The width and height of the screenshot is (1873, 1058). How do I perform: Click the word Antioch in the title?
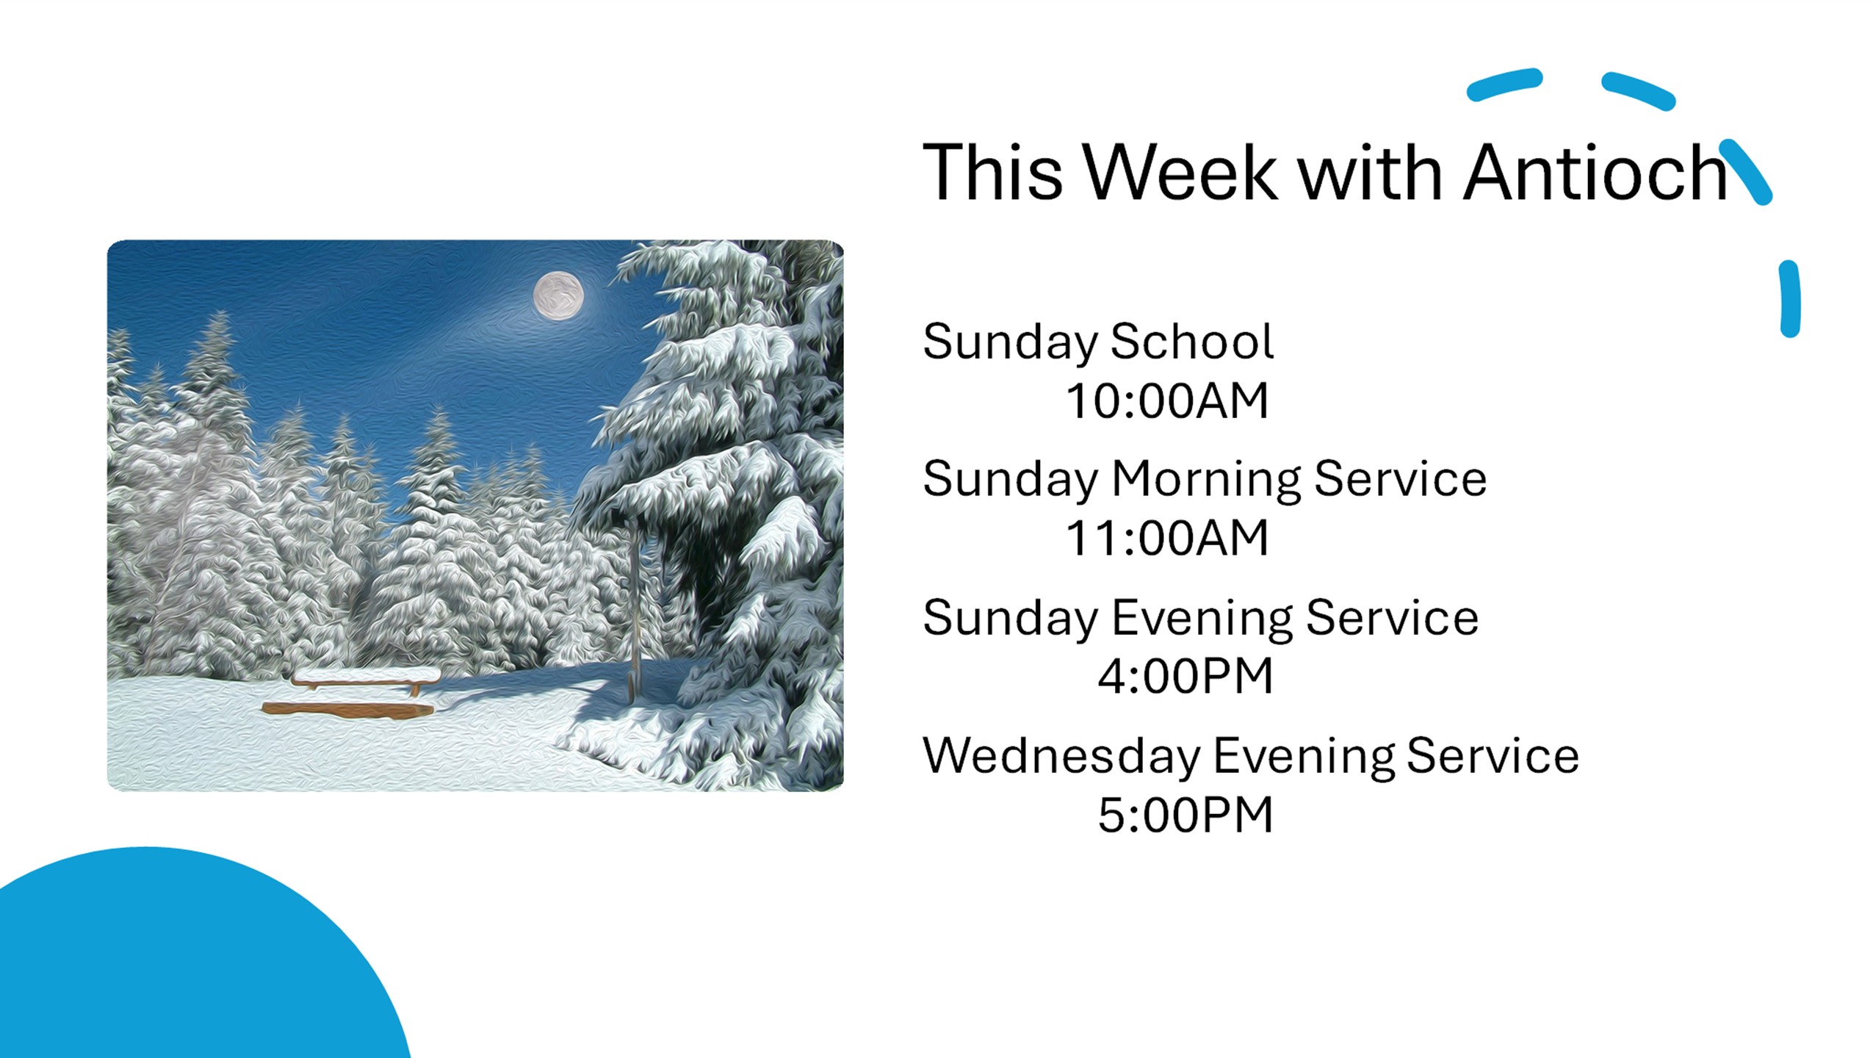pos(1595,172)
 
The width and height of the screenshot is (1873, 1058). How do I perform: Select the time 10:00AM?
pos(1167,401)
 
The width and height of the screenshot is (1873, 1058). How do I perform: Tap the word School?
pos(1192,342)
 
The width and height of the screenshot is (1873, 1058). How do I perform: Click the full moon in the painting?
pos(558,296)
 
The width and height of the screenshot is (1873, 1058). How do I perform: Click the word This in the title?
pos(992,172)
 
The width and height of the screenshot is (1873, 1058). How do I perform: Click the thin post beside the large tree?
pos(635,606)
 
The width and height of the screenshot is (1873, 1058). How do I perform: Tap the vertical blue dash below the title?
pos(1790,299)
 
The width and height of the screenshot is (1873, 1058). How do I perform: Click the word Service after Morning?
pos(1400,479)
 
